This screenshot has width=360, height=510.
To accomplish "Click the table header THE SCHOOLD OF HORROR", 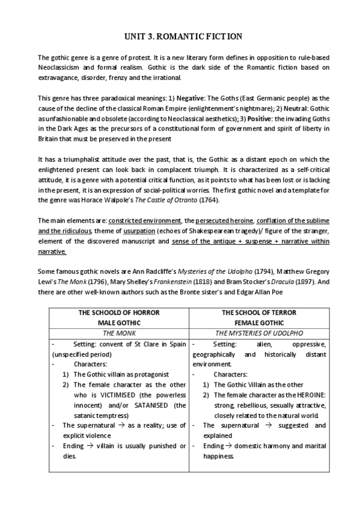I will coord(118,312).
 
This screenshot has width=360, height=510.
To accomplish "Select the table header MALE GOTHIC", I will coord(118,322).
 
